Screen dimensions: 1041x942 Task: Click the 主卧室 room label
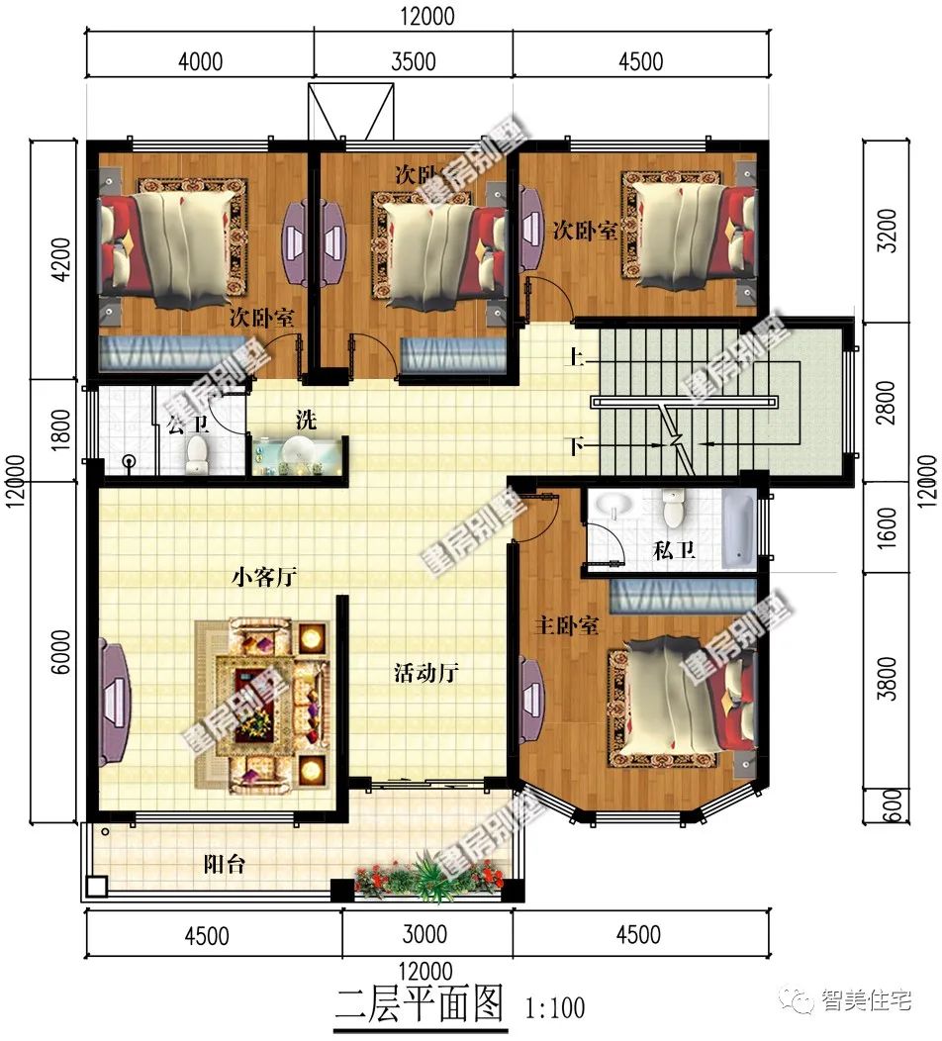pos(567,626)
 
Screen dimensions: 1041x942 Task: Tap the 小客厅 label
pos(265,577)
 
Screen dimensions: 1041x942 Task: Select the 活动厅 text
pos(426,674)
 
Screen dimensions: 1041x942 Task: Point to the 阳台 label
pos(225,865)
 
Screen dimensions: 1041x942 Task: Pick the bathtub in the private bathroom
pos(738,530)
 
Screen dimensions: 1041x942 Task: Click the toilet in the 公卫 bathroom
pos(197,453)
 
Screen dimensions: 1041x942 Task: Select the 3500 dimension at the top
pos(413,61)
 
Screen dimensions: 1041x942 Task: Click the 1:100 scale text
pos(555,1008)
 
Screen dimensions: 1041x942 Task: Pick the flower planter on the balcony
pos(430,876)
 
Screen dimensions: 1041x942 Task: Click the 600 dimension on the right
pos(888,804)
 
